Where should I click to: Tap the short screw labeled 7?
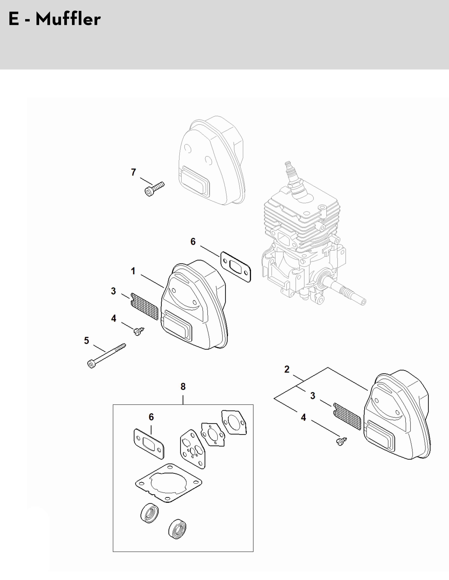[154, 189]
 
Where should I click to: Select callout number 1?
[133, 271]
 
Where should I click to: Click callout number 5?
[87, 340]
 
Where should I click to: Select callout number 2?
[287, 369]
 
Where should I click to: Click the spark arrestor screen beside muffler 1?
[144, 306]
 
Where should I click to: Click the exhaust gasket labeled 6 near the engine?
[235, 267]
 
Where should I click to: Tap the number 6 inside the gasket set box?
[151, 417]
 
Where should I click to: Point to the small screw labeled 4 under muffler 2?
[341, 441]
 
